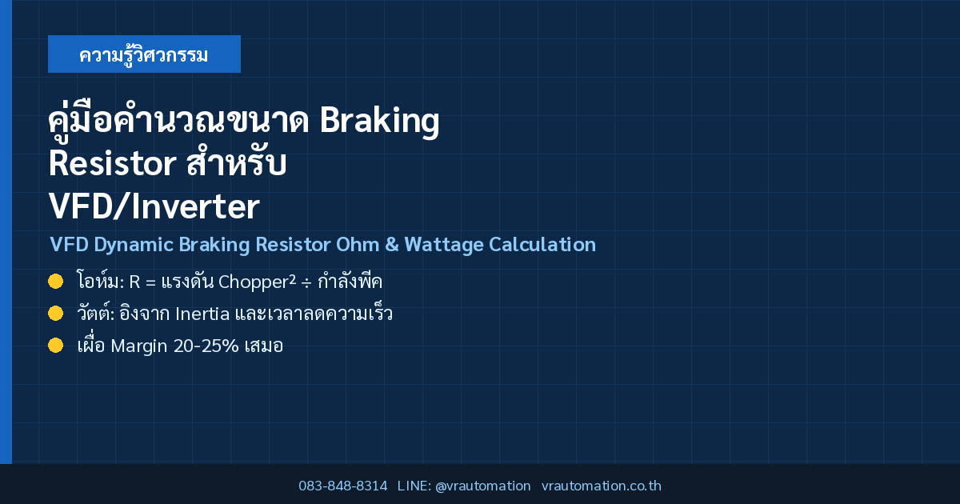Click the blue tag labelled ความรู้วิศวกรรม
(144, 54)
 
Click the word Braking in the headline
(380, 121)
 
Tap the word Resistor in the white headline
(112, 163)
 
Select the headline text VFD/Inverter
(154, 206)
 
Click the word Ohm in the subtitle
(358, 244)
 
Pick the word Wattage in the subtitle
(443, 245)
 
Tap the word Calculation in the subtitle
(542, 244)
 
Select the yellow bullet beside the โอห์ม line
(56, 282)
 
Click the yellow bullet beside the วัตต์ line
(56, 314)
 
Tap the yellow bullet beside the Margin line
(56, 346)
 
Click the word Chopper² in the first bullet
(257, 282)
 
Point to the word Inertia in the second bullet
(202, 314)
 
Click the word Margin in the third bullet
(139, 346)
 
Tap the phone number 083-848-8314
(343, 486)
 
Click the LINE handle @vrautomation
(482, 486)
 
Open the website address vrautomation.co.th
(602, 486)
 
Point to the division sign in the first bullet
(306, 283)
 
